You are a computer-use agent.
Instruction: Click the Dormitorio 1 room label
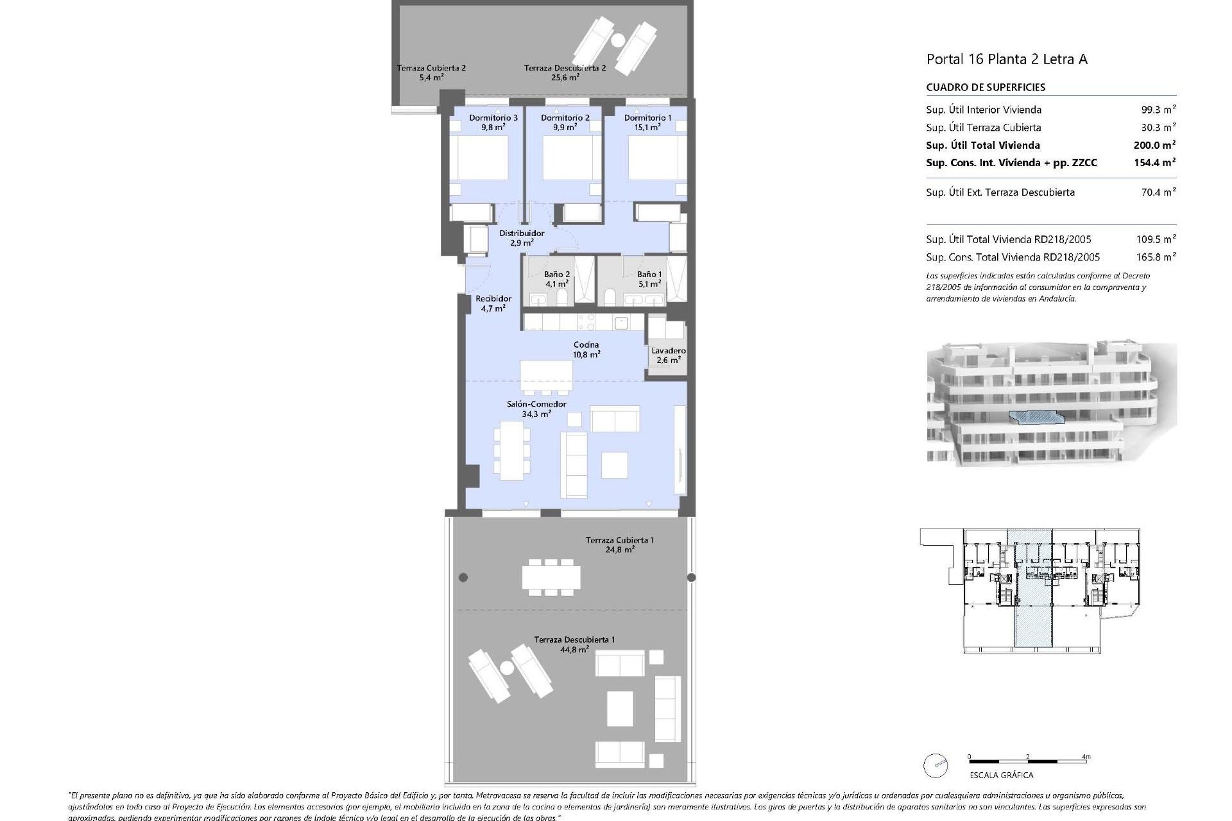point(647,118)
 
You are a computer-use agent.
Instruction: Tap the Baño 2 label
point(557,275)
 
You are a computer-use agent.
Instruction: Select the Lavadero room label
point(668,351)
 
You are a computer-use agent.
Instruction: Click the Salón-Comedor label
point(536,404)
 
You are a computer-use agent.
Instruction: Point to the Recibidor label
point(493,299)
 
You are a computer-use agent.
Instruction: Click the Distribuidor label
point(522,233)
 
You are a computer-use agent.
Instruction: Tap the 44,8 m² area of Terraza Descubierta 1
point(574,650)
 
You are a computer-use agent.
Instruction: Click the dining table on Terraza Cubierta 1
point(551,577)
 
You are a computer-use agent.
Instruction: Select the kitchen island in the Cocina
point(546,376)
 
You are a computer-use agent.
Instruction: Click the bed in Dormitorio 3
point(479,158)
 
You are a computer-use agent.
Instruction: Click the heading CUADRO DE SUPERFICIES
point(986,87)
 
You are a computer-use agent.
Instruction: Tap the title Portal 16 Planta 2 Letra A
point(1007,60)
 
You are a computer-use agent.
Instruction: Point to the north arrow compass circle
point(936,765)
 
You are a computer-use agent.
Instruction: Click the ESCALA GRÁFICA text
point(1002,775)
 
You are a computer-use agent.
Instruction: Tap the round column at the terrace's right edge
point(691,577)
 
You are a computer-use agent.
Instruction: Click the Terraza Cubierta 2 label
point(431,68)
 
